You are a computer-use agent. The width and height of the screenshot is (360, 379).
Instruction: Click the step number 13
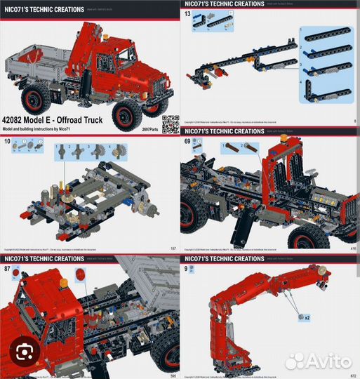[187, 14]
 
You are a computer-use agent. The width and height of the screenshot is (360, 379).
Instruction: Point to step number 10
[7, 142]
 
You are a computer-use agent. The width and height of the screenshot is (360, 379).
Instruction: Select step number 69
[187, 142]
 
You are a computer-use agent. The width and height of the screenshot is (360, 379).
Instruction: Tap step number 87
[7, 270]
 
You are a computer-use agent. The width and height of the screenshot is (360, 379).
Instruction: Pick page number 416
[352, 248]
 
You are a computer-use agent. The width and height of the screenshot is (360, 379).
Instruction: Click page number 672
[352, 375]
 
